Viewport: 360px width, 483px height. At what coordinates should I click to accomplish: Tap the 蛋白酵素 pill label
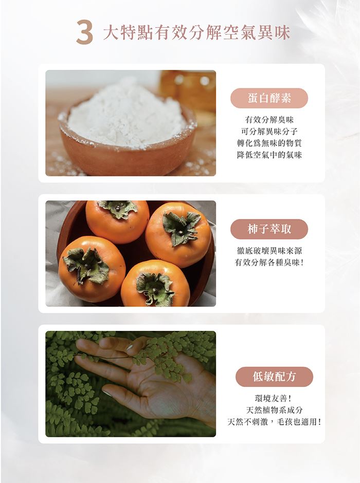pos(269,98)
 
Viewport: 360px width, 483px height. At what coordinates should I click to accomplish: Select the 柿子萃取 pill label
pos(269,229)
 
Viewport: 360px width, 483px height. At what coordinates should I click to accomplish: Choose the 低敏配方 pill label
pos(274,377)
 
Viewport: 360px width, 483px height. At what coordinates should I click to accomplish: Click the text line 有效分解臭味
pos(269,120)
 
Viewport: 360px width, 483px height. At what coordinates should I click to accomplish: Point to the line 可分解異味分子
pos(269,132)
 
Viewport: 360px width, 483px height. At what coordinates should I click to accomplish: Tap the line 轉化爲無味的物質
pos(269,143)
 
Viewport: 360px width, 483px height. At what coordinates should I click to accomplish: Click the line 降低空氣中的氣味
pos(269,155)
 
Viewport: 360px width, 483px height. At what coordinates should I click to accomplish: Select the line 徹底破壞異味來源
pos(269,251)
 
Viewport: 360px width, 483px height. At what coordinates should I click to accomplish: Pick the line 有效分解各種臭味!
pos(269,263)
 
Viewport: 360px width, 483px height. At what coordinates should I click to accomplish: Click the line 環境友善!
pos(274,399)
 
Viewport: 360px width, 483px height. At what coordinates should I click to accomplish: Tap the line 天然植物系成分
pos(274,411)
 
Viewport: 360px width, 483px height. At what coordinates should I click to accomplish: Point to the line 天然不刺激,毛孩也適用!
pos(274,422)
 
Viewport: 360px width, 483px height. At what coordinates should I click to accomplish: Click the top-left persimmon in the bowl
pos(117,220)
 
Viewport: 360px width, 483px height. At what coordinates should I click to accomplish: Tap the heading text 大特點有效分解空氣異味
pos(196,33)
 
